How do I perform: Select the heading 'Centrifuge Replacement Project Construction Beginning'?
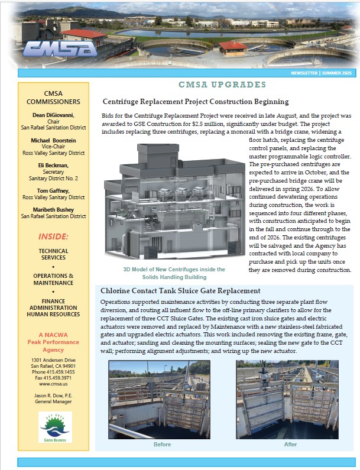pyautogui.click(x=196, y=102)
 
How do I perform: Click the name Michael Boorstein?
pyautogui.click(x=53, y=141)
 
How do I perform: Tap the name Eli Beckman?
pyautogui.click(x=53, y=166)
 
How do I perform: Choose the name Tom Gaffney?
pyautogui.click(x=53, y=192)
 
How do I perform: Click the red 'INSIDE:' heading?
pyautogui.click(x=53, y=236)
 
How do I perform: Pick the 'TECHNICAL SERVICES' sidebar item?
pyautogui.click(x=53, y=255)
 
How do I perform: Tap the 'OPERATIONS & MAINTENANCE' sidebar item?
pyautogui.click(x=53, y=280)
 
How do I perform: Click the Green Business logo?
pyautogui.click(x=54, y=427)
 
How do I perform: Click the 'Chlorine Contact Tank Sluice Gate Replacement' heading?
pyautogui.click(x=180, y=291)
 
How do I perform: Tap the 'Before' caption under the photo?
pyautogui.click(x=162, y=445)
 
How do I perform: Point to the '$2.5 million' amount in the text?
pyautogui.click(x=223, y=124)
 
